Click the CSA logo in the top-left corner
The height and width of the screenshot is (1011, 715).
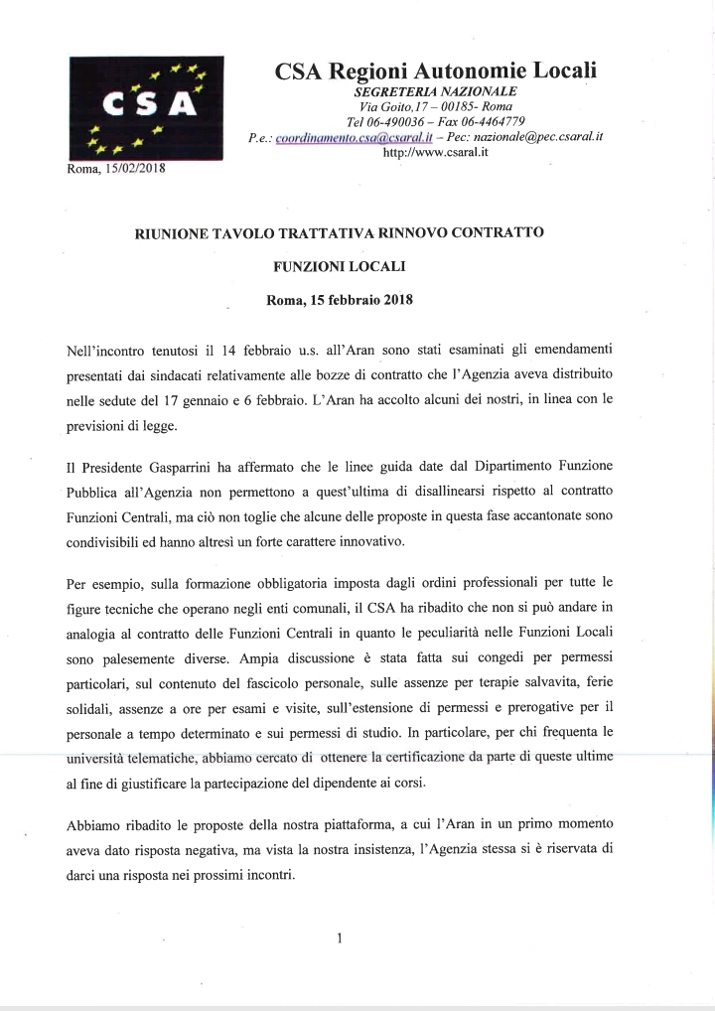pos(146,108)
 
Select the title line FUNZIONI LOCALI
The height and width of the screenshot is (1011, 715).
pos(339,266)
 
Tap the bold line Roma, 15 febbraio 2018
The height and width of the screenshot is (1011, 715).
pos(340,299)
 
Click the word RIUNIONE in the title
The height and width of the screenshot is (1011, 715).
pos(174,233)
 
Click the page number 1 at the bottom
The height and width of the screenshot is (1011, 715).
pos(340,937)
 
